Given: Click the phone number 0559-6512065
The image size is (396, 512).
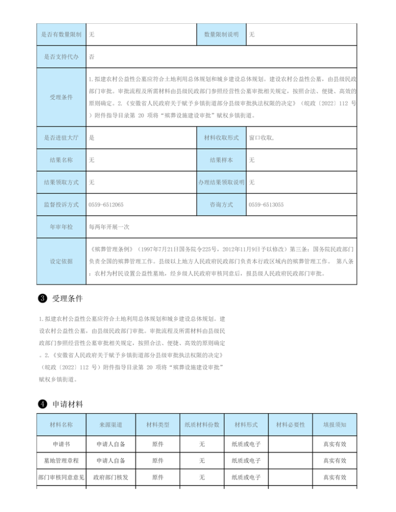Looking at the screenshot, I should click(106, 204).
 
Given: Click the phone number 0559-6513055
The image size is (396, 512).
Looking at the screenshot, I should click(266, 204).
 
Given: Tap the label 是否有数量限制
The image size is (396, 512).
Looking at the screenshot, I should click(61, 35).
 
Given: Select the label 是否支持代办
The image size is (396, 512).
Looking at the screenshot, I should click(61, 57).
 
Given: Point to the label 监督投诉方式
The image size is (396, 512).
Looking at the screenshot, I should click(61, 204).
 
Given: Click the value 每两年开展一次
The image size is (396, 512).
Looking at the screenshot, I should click(109, 227).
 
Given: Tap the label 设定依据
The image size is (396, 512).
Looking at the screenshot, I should click(61, 261).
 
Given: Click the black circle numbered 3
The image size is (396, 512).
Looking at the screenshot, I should click(43, 298).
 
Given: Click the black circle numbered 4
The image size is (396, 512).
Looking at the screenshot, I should click(43, 404).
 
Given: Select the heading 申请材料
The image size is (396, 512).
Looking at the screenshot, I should click(68, 404).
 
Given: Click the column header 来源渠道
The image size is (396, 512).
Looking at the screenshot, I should click(110, 424).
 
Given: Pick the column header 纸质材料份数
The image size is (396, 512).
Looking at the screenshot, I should click(202, 424).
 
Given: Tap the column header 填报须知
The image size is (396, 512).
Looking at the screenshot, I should click(335, 424).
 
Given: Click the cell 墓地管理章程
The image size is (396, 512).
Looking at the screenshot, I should click(61, 461).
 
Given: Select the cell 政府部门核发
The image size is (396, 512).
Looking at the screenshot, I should click(110, 477).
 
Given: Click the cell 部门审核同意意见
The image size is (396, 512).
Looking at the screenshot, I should click(61, 477).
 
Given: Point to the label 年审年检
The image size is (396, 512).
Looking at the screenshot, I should click(61, 227).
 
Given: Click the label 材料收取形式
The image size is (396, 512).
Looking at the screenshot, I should click(221, 138).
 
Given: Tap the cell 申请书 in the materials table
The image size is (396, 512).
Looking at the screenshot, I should click(61, 444).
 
